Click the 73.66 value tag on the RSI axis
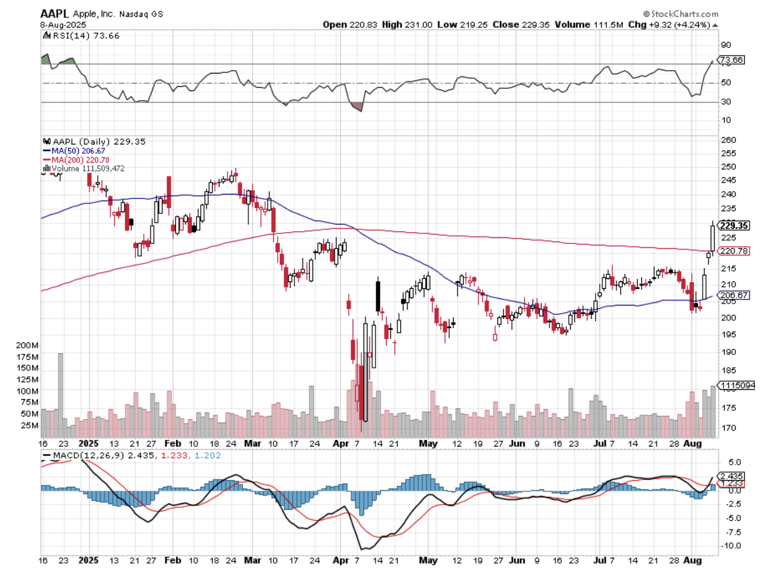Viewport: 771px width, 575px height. pos(732,60)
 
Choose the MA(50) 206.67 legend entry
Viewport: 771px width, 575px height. pos(75,151)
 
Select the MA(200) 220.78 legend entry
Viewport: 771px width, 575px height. pos(77,160)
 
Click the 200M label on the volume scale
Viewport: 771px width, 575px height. pos(26,345)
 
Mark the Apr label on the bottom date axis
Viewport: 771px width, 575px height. pos(341,556)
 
